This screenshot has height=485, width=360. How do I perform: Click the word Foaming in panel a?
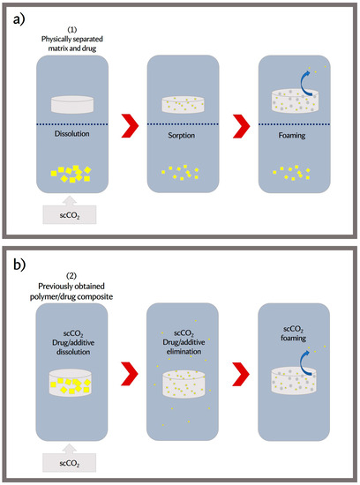(294, 138)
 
